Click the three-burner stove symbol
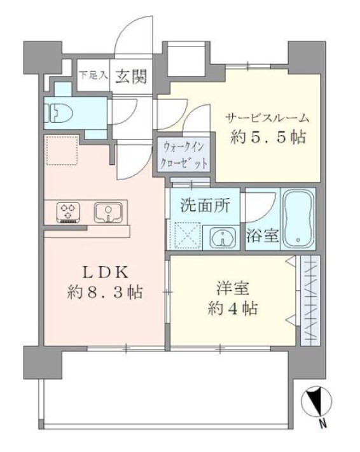tap(66, 211)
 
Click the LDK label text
tap(104, 272)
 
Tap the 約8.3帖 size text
tap(105, 293)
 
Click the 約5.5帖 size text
tap(268, 137)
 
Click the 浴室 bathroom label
tap(262, 236)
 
